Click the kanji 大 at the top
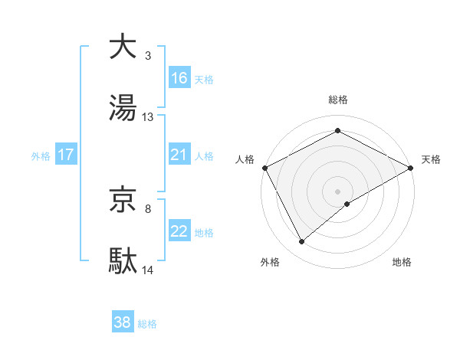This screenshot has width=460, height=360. (x=123, y=47)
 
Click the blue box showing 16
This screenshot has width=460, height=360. (x=179, y=77)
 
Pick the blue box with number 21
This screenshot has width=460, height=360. (x=179, y=155)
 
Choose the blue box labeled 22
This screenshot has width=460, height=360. (x=179, y=231)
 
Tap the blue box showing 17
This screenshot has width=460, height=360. (x=66, y=155)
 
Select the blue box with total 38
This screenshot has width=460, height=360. (x=123, y=322)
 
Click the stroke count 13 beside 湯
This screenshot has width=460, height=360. (x=148, y=117)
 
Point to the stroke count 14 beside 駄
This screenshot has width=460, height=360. (x=148, y=270)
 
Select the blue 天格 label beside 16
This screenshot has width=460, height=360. (x=204, y=79)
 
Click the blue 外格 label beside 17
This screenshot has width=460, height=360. (x=41, y=156)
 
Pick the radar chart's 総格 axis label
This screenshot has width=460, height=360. (x=338, y=100)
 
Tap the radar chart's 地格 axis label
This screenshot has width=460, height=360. (x=402, y=263)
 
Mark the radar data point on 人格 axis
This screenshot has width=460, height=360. (x=265, y=168)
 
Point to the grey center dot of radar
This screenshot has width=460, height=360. (x=338, y=191)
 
